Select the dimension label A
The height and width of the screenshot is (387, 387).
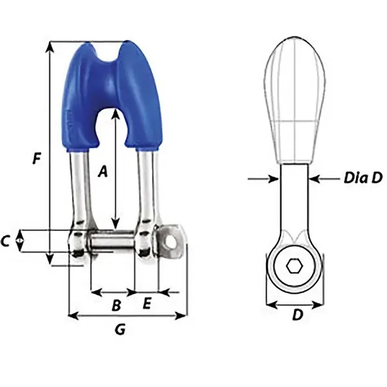[102, 172]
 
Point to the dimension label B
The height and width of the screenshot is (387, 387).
[117, 305]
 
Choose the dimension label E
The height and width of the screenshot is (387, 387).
[147, 303]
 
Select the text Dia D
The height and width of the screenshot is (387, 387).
[363, 178]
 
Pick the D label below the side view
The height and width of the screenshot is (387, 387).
[297, 315]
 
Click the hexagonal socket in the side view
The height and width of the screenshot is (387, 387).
[294, 266]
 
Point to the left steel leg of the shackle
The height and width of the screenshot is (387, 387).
[79, 188]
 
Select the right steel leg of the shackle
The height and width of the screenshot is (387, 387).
[146, 188]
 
